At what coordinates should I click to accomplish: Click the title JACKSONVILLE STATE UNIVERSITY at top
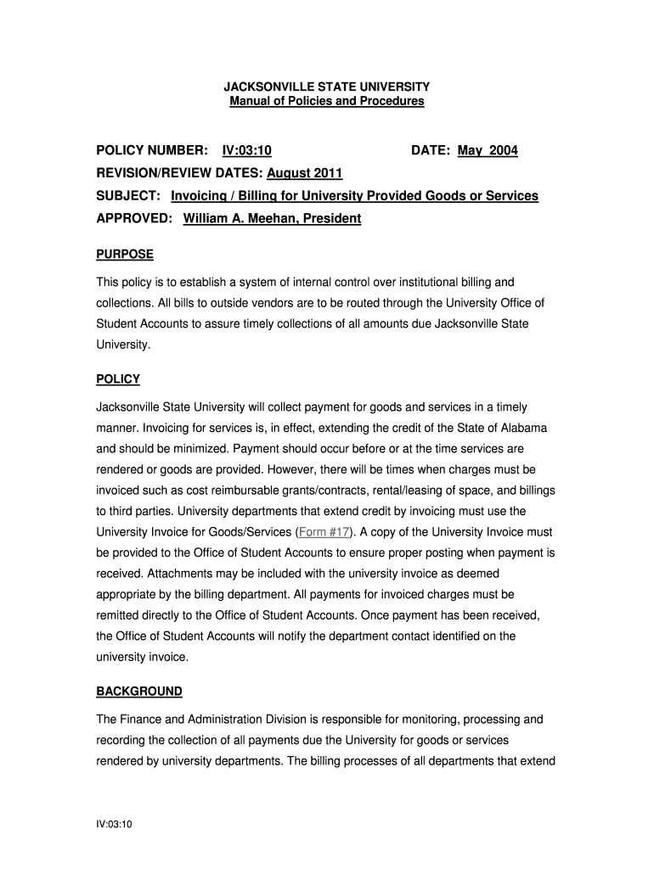click(326, 87)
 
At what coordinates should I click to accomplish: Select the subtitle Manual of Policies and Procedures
click(326, 102)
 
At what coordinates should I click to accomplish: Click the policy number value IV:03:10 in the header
click(246, 151)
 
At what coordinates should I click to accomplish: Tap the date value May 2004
click(488, 151)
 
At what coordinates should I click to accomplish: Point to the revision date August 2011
click(305, 174)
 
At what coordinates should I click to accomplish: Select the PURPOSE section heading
click(124, 255)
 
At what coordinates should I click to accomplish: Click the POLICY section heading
click(118, 379)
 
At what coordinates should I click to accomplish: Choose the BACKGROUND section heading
click(139, 692)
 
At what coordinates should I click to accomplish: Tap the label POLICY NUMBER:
click(152, 151)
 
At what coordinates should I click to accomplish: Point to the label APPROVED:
click(134, 219)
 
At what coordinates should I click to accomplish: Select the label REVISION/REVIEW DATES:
click(179, 174)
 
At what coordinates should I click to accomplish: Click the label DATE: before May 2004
click(431, 151)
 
